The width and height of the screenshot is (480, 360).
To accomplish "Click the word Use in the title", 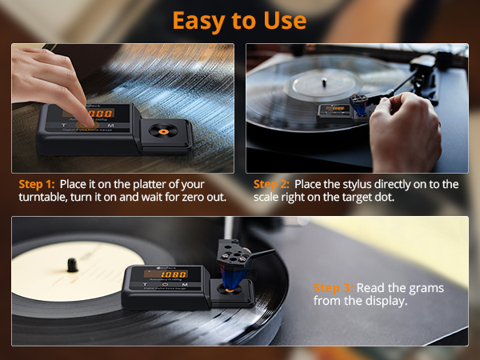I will pos(282,19).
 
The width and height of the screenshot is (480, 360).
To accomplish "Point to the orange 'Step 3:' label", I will pos(333,288).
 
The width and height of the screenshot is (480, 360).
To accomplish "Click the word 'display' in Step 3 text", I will pos(386,303).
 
